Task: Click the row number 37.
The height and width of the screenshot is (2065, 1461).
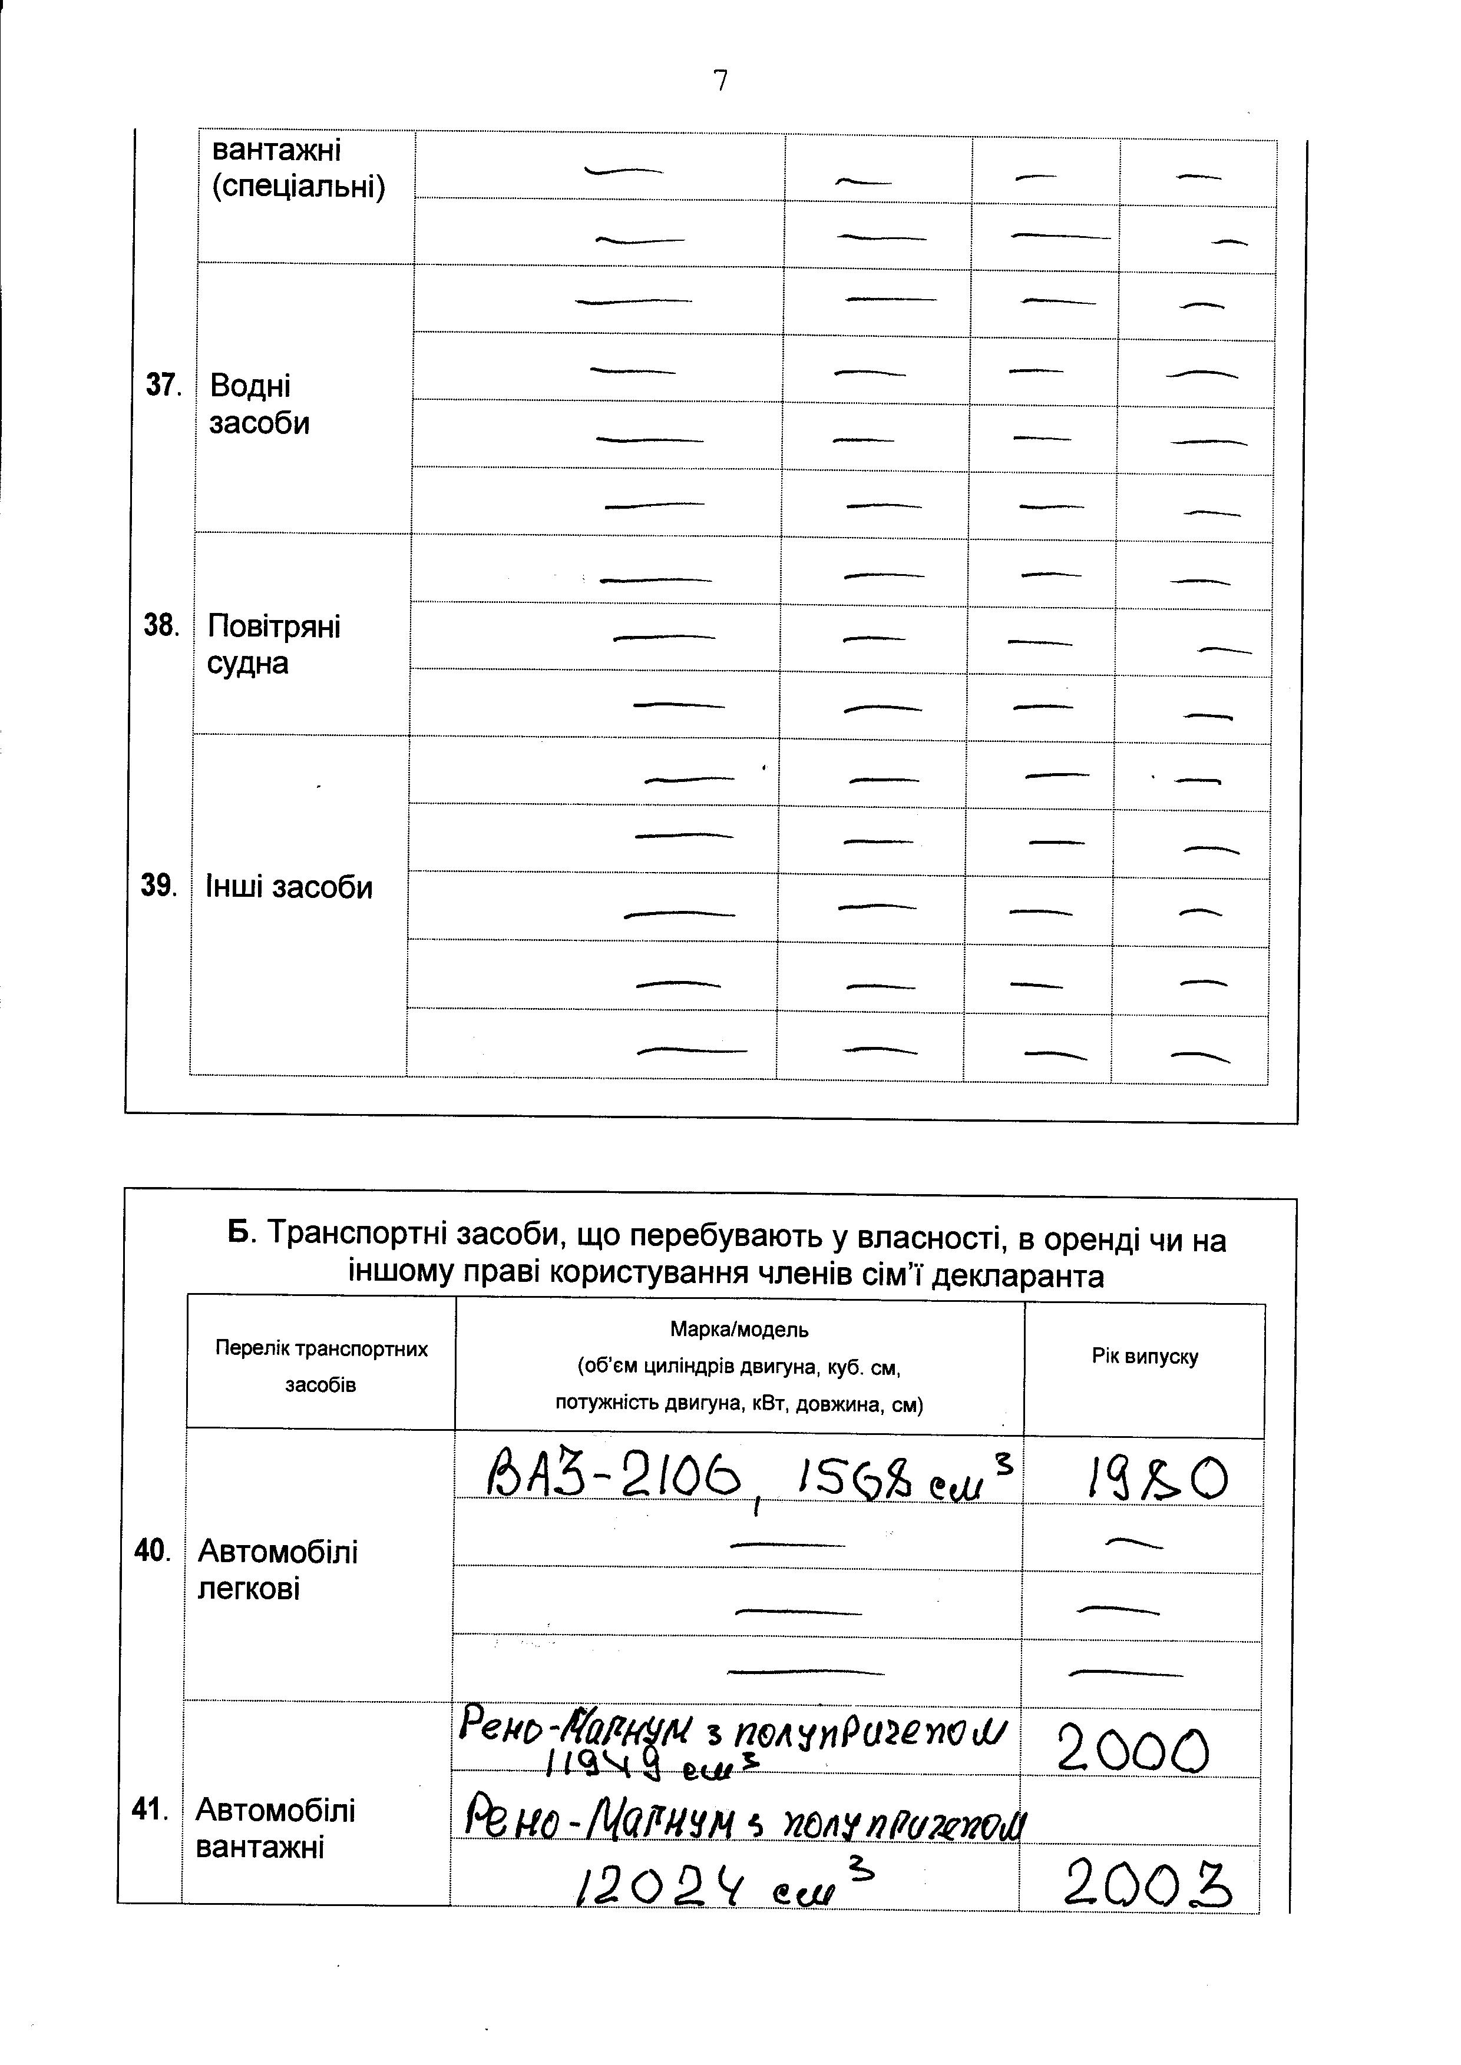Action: click(x=163, y=386)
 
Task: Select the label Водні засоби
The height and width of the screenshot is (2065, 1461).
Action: click(x=259, y=405)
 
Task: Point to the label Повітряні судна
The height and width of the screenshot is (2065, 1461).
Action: click(x=273, y=645)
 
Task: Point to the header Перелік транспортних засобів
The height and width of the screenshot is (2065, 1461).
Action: click(x=321, y=1367)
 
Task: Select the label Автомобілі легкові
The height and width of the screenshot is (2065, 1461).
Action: click(x=277, y=1569)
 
